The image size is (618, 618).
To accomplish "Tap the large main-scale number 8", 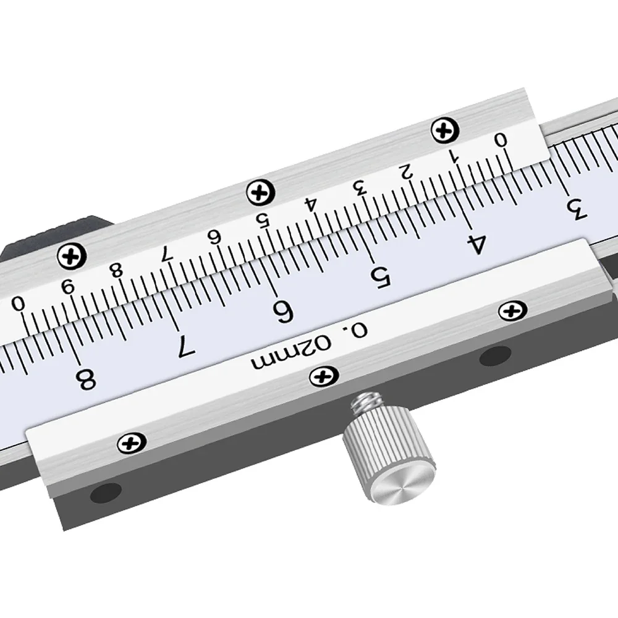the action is click(x=86, y=379).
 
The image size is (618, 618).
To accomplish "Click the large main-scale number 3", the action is click(x=576, y=210).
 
